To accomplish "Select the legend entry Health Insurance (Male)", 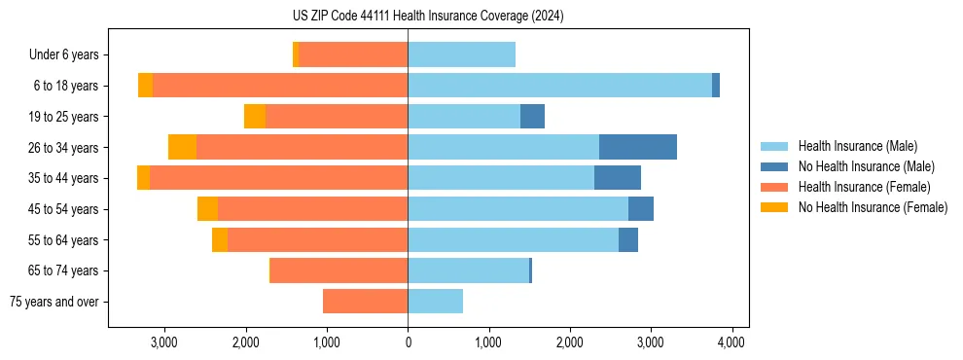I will pos(856,146).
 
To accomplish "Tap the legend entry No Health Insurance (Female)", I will pos(872,207).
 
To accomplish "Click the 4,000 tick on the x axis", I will pos(731,342).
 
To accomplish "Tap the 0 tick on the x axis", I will pos(408,342).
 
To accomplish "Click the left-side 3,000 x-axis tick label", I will pos(164,342).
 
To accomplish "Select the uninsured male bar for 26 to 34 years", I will pos(638,147).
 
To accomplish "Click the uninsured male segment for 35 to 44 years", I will pos(618,178).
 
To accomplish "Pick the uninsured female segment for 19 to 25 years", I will pos(255,117).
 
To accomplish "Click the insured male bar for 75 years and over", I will pos(435,302).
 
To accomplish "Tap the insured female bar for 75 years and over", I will pos(366,302).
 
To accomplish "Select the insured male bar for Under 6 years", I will pos(461,55).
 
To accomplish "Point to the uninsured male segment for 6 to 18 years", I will pos(716,86).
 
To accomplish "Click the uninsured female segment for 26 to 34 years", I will pos(182,147).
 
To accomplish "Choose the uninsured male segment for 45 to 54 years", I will pos(641,209).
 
